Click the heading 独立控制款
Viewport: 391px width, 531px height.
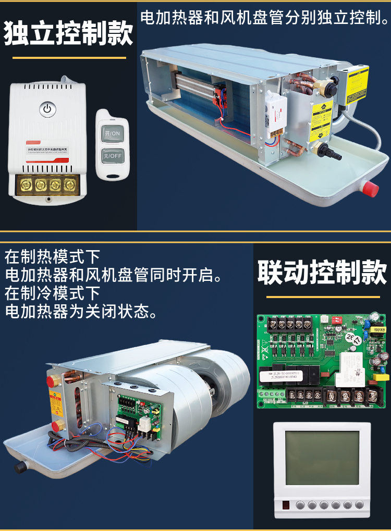click(68, 33)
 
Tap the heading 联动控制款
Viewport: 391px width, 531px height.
click(322, 274)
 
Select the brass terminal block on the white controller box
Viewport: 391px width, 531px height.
click(46, 185)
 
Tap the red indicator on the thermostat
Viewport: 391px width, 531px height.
click(286, 504)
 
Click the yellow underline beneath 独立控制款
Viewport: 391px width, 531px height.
click(69, 57)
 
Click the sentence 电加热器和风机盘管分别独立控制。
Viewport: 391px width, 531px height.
click(264, 19)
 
